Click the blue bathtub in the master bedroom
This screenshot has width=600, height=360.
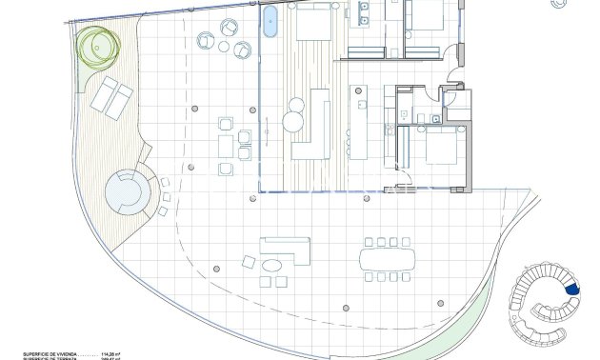coord(270,21)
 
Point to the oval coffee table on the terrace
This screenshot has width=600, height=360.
coord(273,265)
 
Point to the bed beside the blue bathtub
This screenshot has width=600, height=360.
coord(311,21)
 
